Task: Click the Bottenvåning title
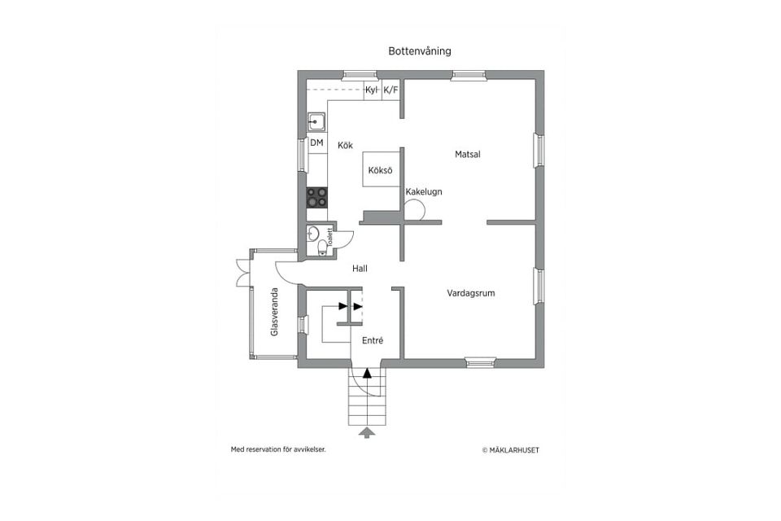click(x=420, y=50)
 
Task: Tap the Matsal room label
click(x=467, y=155)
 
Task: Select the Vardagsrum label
click(x=471, y=293)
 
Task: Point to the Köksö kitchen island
click(x=382, y=169)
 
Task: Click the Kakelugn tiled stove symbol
click(x=414, y=210)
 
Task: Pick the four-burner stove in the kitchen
click(x=316, y=197)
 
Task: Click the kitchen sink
click(x=316, y=121)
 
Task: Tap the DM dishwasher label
click(x=316, y=142)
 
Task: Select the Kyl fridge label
click(x=371, y=90)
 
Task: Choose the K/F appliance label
click(x=391, y=90)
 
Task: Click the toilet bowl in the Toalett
click(x=322, y=247)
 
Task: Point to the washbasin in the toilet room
click(x=313, y=233)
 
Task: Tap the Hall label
click(x=360, y=269)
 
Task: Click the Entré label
click(x=373, y=340)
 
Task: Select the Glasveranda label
click(x=274, y=312)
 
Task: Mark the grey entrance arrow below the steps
click(x=367, y=433)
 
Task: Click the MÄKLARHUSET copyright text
click(x=511, y=450)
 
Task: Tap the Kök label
click(x=345, y=145)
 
